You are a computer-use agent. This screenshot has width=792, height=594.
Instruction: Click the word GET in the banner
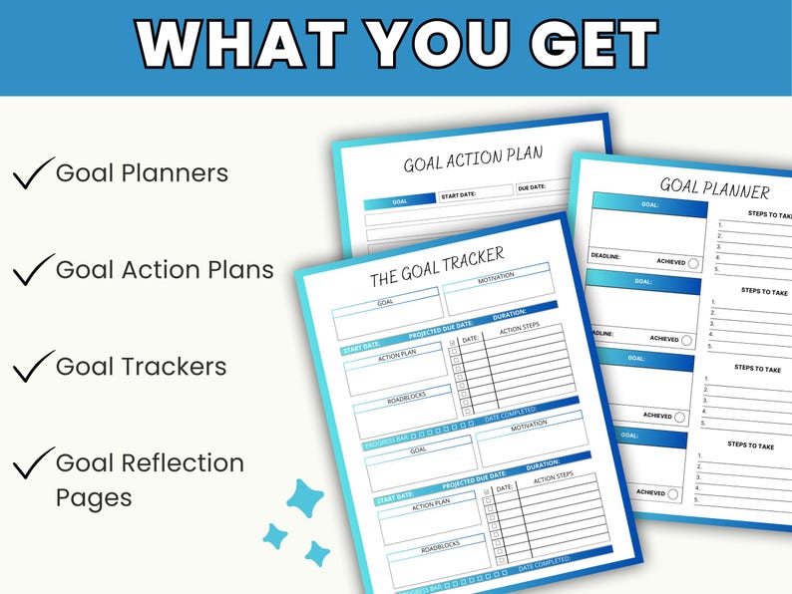pos(579,45)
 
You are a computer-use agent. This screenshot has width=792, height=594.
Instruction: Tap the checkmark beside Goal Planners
pos(32,174)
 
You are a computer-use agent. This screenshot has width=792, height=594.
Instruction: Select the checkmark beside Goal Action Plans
pos(32,270)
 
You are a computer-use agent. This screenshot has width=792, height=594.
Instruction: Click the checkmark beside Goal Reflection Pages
pos(32,463)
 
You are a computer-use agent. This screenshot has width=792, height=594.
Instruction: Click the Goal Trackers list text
pos(141,367)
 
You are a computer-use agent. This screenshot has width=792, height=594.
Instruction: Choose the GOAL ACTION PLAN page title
pos(473,158)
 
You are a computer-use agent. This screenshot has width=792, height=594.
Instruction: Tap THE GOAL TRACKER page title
pos(437,266)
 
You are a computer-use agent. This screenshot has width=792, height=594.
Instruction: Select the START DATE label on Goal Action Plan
pos(464,195)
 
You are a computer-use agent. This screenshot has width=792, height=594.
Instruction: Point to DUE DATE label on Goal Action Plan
pos(532,187)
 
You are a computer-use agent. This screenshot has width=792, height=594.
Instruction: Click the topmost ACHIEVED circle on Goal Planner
pos(694,263)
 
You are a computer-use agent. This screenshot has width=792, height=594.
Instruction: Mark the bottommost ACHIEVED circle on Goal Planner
pos(673,492)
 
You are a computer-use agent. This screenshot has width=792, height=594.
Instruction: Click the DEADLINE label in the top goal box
pos(605,256)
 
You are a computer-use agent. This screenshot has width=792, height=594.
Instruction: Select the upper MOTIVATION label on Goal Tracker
pos(495,281)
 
